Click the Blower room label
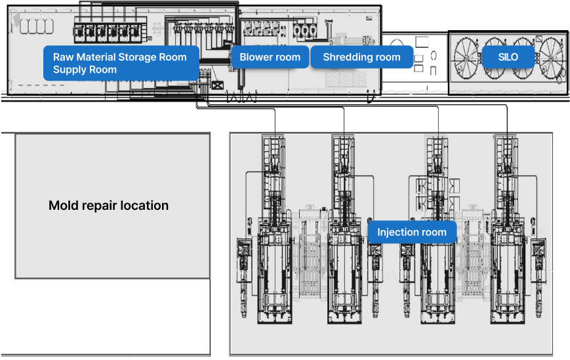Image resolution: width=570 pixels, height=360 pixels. point(270,57)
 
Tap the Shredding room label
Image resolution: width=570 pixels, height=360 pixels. point(361,57)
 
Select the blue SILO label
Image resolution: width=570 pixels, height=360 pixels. point(508,57)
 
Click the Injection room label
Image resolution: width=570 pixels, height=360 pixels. point(412,232)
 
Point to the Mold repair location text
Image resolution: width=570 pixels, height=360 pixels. point(108,205)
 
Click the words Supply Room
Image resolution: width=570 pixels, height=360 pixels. point(85,70)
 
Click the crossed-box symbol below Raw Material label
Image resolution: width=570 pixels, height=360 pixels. point(217,86)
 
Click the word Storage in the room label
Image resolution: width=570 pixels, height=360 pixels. point(142,57)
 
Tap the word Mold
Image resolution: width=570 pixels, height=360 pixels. point(64,205)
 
